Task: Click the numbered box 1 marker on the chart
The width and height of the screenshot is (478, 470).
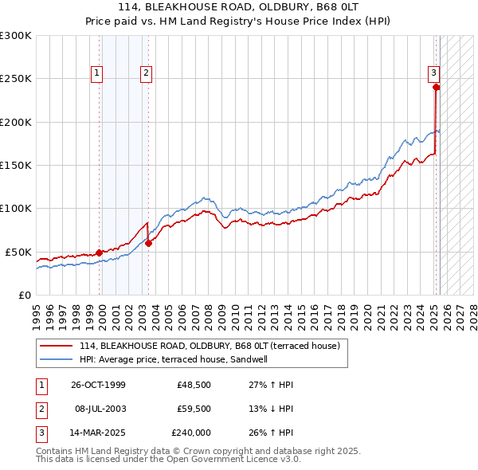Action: click(96, 73)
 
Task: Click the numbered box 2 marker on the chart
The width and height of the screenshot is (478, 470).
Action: click(147, 73)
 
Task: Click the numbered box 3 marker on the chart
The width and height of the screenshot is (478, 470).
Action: click(434, 73)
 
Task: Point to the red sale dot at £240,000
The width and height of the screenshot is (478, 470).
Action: click(436, 88)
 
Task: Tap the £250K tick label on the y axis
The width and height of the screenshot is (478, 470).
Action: click(16, 79)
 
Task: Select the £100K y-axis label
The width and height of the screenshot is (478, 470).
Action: click(16, 208)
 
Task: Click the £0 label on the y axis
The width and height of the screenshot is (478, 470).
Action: click(24, 295)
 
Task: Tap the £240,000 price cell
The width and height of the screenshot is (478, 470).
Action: click(191, 433)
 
